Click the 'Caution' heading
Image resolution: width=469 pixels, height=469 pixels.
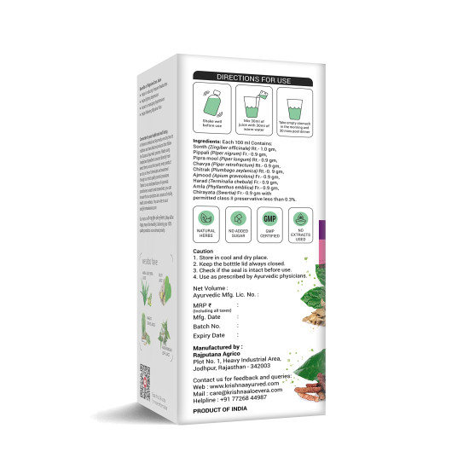(x=203, y=252)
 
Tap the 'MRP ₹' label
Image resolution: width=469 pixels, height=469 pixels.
(x=204, y=304)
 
